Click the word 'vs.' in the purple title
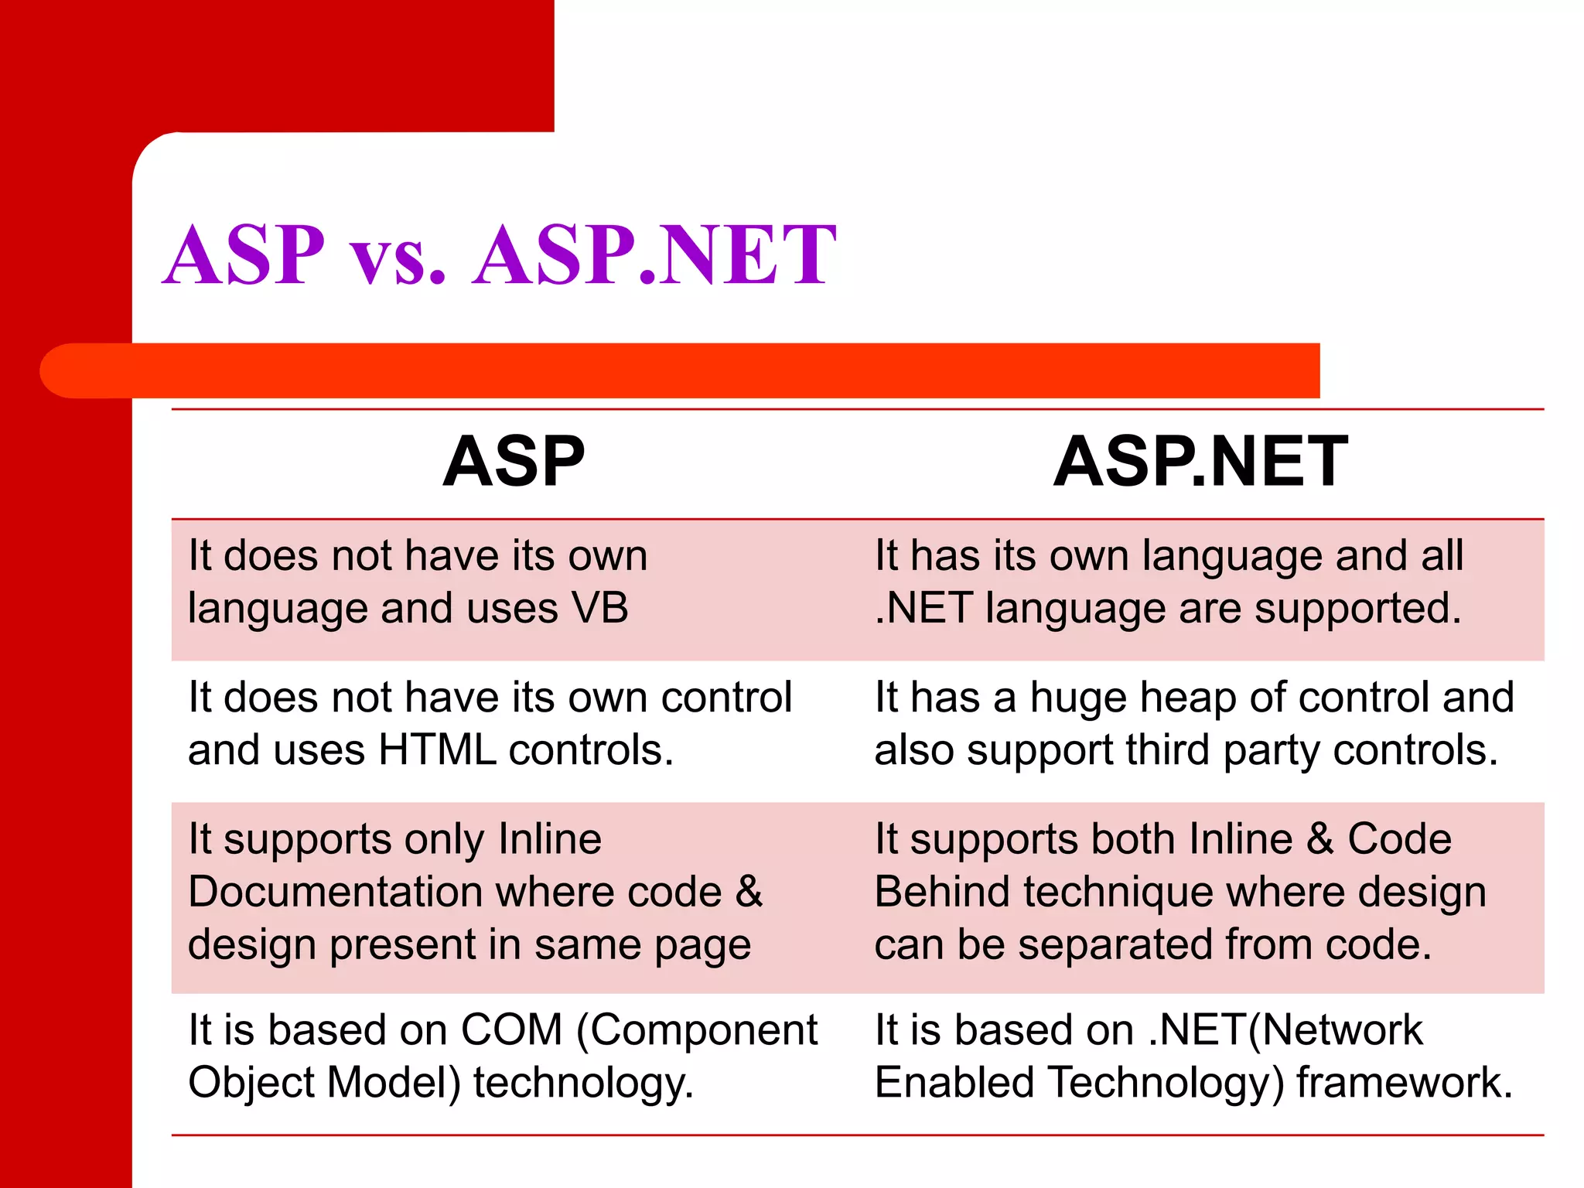398,257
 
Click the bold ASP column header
514,462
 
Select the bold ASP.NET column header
1200,462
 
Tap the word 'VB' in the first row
599,608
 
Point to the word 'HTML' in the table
437,750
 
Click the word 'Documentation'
336,892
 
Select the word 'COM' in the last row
511,1030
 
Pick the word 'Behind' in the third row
942,892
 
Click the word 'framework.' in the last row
1405,1082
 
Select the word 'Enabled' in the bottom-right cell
954,1082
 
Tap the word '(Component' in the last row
697,1032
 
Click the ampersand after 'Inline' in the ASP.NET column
1319,840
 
